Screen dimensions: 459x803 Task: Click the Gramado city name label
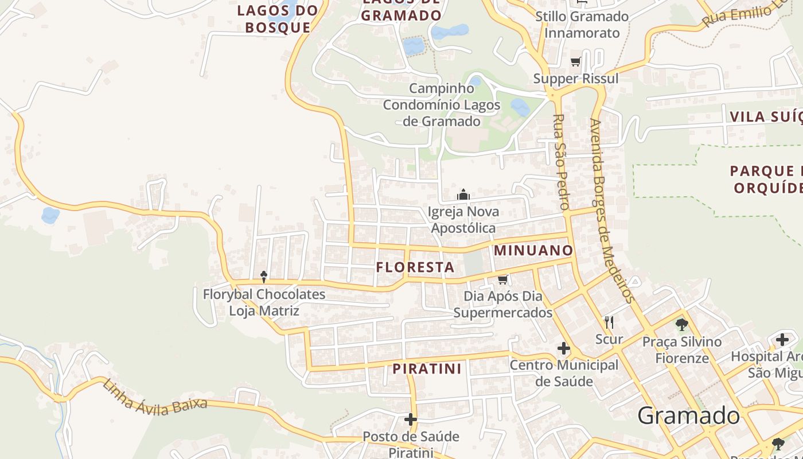[688, 415]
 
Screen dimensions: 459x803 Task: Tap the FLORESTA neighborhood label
[415, 267]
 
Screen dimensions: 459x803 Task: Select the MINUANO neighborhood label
[533, 251]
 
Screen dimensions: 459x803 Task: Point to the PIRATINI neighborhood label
[427, 369]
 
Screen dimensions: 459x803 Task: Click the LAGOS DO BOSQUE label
[278, 18]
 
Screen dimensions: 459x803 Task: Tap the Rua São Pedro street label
[560, 162]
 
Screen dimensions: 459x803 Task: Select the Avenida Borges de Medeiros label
[612, 210]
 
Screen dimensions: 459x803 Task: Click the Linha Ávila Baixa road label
[155, 396]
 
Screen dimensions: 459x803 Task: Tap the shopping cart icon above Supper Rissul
[575, 62]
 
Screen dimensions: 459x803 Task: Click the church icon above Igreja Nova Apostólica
[463, 195]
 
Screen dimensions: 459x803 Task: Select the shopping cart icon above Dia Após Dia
[503, 279]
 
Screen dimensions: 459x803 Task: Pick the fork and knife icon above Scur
[609, 322]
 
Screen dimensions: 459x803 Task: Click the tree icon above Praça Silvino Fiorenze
[681, 325]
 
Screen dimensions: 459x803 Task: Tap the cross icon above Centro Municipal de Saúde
[564, 348]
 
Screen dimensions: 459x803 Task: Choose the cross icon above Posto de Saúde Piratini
[411, 419]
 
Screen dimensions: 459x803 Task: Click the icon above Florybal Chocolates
[264, 277]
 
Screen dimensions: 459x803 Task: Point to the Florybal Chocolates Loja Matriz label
[264, 302]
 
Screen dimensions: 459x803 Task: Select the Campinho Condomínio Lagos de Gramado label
[442, 105]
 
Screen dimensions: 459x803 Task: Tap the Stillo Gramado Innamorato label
[582, 25]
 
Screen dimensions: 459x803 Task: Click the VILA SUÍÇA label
[766, 117]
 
